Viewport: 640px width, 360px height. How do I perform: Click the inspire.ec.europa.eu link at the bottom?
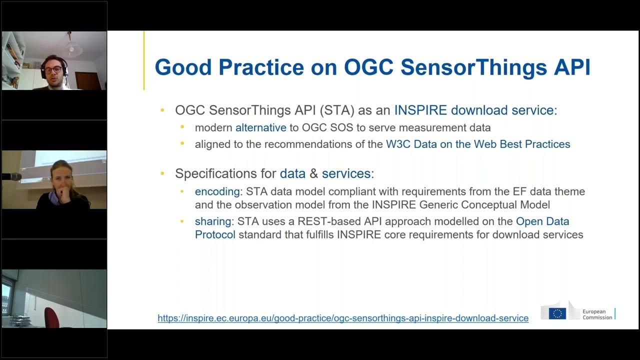tap(343, 318)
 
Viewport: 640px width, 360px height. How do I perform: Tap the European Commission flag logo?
tap(557, 313)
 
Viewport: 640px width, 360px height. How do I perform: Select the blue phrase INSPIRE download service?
tap(473, 110)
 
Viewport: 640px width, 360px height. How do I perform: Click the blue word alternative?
tap(260, 128)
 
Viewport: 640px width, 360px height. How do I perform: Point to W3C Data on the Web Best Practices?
tap(477, 144)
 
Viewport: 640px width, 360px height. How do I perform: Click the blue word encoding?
tap(217, 191)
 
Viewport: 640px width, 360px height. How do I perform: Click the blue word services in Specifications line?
tap(345, 174)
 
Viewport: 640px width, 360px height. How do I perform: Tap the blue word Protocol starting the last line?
tap(215, 234)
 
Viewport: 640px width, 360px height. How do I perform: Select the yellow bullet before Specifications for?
tap(162, 174)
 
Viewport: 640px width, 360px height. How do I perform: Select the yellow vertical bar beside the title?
tap(144, 60)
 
